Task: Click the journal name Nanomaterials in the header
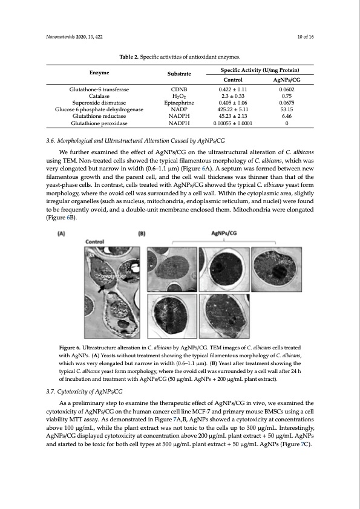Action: point(61,37)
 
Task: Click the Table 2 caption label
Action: point(130,57)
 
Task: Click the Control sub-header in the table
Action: point(233,80)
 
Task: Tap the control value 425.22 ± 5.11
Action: point(233,109)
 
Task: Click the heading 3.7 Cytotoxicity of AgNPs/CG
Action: point(84,375)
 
